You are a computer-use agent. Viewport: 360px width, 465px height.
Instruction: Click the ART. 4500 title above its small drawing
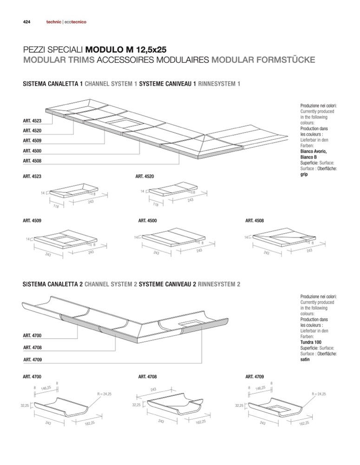click(x=148, y=221)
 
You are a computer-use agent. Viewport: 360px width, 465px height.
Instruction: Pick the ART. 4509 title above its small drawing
click(x=32, y=221)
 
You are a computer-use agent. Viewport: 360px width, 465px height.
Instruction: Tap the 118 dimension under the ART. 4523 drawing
click(x=56, y=206)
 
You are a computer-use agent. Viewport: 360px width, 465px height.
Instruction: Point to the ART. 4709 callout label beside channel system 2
click(x=32, y=360)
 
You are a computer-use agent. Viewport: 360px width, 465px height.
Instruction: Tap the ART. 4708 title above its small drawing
click(x=148, y=377)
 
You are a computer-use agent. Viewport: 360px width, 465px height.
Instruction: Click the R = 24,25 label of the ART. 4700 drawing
click(x=104, y=394)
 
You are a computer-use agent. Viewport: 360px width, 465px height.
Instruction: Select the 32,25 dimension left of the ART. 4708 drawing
click(x=136, y=405)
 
